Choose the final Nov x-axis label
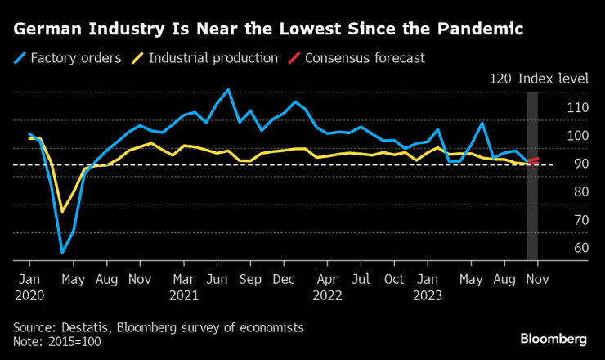(537, 278)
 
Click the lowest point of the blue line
(62, 253)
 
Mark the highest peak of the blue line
(228, 89)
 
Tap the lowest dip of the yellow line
(62, 212)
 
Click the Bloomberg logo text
(553, 339)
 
